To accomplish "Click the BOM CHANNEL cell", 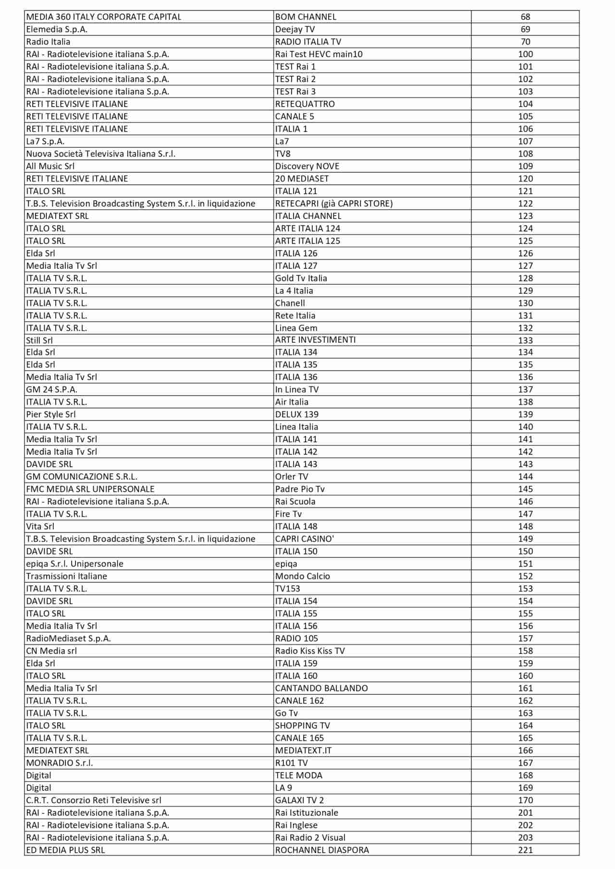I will [x=306, y=17].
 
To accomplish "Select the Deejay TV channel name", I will [x=295, y=29].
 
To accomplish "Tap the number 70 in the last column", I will [x=525, y=42].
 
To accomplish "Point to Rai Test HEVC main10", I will [x=319, y=54].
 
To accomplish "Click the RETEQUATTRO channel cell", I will [x=305, y=104].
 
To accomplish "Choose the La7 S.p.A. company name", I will [x=45, y=142].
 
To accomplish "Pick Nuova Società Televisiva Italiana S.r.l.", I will [x=100, y=154].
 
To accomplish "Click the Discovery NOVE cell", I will [x=307, y=167].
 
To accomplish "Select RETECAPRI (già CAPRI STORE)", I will [x=333, y=204].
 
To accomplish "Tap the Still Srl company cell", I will [x=39, y=340].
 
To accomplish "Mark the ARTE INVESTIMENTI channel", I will [x=315, y=340].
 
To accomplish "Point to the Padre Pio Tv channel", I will [x=300, y=489].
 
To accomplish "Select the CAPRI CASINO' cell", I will [x=304, y=539].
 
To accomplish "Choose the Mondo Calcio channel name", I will [x=302, y=576].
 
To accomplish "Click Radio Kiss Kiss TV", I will [x=310, y=651].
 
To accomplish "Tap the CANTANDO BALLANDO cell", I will [x=321, y=688].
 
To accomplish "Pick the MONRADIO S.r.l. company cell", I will [x=59, y=763].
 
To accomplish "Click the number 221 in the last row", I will [x=525, y=850].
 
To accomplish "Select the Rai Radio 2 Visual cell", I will [x=310, y=838].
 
